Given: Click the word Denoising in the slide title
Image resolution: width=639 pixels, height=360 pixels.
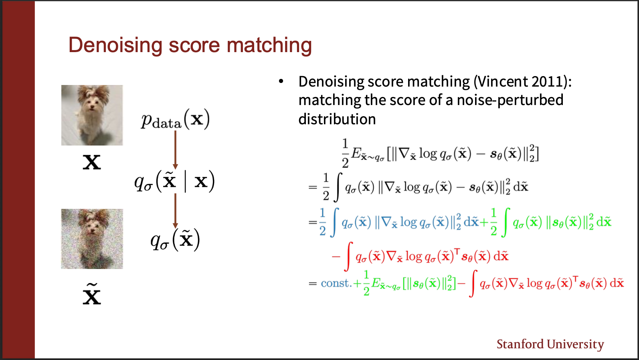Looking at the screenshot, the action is [x=115, y=45].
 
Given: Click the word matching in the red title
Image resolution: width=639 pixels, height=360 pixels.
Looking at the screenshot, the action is [x=269, y=45].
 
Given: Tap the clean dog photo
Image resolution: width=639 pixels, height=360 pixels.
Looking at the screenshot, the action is [x=92, y=115].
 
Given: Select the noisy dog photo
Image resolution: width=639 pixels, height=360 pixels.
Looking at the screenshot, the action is [x=92, y=239].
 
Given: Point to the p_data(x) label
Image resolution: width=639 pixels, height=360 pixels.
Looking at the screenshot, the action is [x=176, y=120].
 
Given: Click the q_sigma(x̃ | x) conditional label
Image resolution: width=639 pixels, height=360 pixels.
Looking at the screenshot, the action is [x=175, y=182].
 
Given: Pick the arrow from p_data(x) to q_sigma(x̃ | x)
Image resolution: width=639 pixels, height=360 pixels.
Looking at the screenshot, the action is [x=175, y=150].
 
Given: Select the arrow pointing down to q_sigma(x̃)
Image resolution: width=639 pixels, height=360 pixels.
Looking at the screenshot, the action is [x=175, y=211].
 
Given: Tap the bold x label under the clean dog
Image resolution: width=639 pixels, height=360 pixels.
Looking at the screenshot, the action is [x=92, y=163].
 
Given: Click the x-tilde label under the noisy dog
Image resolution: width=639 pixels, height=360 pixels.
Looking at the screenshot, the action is [x=92, y=294].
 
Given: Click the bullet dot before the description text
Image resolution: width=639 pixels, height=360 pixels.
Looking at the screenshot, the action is [x=281, y=81].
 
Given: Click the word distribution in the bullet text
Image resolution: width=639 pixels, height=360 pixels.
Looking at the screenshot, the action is [x=337, y=119].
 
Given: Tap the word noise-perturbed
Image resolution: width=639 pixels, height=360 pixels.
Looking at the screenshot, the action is [x=510, y=100].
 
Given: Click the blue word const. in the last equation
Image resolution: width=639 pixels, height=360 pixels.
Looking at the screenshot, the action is [x=336, y=283].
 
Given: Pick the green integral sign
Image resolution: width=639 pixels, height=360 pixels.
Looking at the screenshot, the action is [x=506, y=222].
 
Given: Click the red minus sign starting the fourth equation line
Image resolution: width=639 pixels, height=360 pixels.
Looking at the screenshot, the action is [x=336, y=257].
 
